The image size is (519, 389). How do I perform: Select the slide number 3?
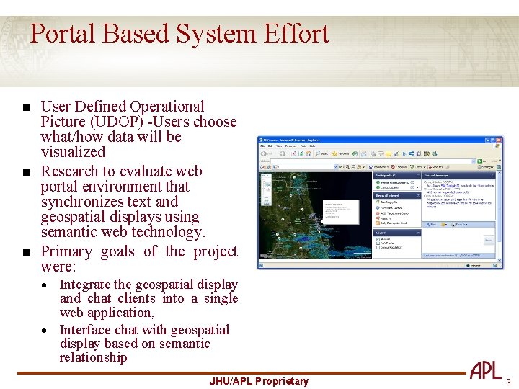click(508, 381)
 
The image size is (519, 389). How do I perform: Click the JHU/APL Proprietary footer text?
click(259, 381)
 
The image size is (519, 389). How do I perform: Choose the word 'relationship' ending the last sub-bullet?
click(93, 357)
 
